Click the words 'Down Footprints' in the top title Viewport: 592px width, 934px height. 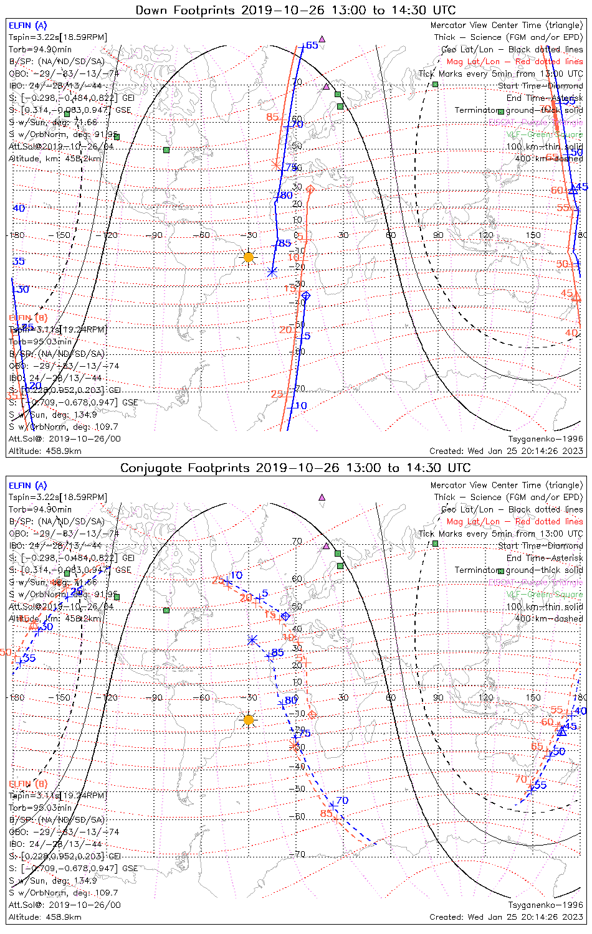coord(185,10)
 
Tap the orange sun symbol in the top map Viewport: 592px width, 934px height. coord(249,257)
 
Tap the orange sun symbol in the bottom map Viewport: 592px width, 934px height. coord(249,720)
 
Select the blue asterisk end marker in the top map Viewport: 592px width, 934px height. coord(272,271)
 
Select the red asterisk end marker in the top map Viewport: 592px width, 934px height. coord(275,165)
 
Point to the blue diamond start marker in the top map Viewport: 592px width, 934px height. coord(305,296)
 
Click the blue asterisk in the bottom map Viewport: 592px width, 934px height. coord(252,640)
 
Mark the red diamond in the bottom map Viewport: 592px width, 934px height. coord(312,714)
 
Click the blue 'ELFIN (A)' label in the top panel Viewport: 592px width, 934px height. coord(27,26)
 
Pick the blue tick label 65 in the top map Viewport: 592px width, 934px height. coord(312,45)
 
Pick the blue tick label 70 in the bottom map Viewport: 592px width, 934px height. coord(342,801)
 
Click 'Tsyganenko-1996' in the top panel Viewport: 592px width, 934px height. coord(545,439)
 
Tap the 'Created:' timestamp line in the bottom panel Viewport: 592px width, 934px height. coord(506,917)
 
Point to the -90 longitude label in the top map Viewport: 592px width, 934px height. coord(156,235)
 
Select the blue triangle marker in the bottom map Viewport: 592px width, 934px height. coord(561,732)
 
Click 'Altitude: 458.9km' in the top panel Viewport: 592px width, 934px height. coord(45,451)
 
